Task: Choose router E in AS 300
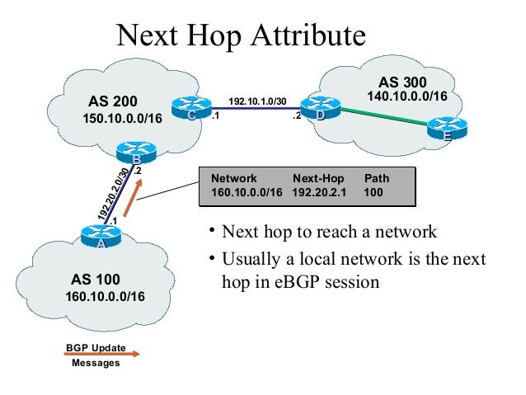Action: click(x=446, y=129)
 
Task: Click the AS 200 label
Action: click(x=112, y=102)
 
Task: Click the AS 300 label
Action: click(x=402, y=82)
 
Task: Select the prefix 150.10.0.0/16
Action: click(x=123, y=119)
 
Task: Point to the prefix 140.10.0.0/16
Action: click(x=406, y=96)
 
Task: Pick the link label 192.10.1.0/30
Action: click(x=257, y=101)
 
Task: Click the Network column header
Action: click(x=234, y=177)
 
